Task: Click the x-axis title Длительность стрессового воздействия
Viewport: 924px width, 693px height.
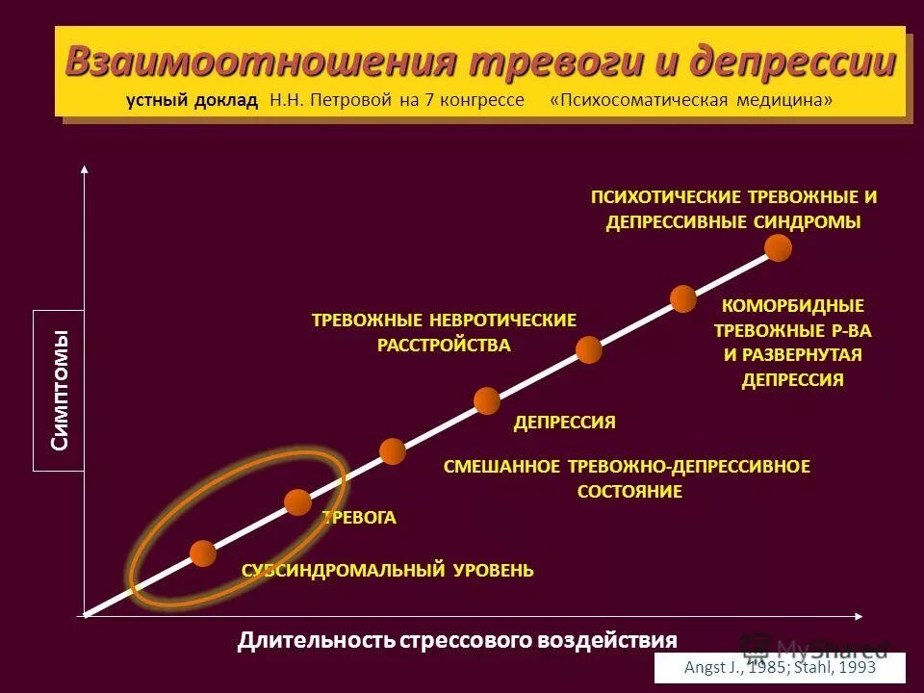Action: pyautogui.click(x=457, y=640)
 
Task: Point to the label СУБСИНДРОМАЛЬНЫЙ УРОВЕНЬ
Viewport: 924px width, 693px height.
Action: pyautogui.click(x=387, y=571)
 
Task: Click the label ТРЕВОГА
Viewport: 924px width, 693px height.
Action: pyautogui.click(x=359, y=518)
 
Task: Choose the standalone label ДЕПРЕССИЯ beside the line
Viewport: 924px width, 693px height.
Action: pyautogui.click(x=564, y=423)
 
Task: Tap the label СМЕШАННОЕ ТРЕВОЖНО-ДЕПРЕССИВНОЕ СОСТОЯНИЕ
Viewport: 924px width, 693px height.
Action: pyautogui.click(x=628, y=478)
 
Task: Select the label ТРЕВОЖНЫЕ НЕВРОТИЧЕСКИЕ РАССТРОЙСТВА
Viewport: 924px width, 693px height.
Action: pyautogui.click(x=444, y=332)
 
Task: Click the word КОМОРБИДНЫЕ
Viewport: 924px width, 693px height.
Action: pyautogui.click(x=793, y=306)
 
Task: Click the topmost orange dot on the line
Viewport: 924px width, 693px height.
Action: pyautogui.click(x=778, y=248)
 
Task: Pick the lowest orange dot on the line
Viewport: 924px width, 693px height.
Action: pyautogui.click(x=203, y=553)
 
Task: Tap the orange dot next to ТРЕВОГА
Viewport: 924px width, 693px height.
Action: pyautogui.click(x=298, y=501)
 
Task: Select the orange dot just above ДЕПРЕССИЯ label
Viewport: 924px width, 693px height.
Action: pyautogui.click(x=487, y=400)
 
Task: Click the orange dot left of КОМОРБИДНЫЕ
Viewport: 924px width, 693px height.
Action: pyautogui.click(x=683, y=298)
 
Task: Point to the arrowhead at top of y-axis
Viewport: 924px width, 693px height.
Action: pyautogui.click(x=85, y=168)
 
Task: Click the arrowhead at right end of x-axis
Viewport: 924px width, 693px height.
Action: pyautogui.click(x=860, y=614)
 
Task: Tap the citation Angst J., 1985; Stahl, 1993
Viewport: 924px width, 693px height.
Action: pyautogui.click(x=780, y=667)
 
